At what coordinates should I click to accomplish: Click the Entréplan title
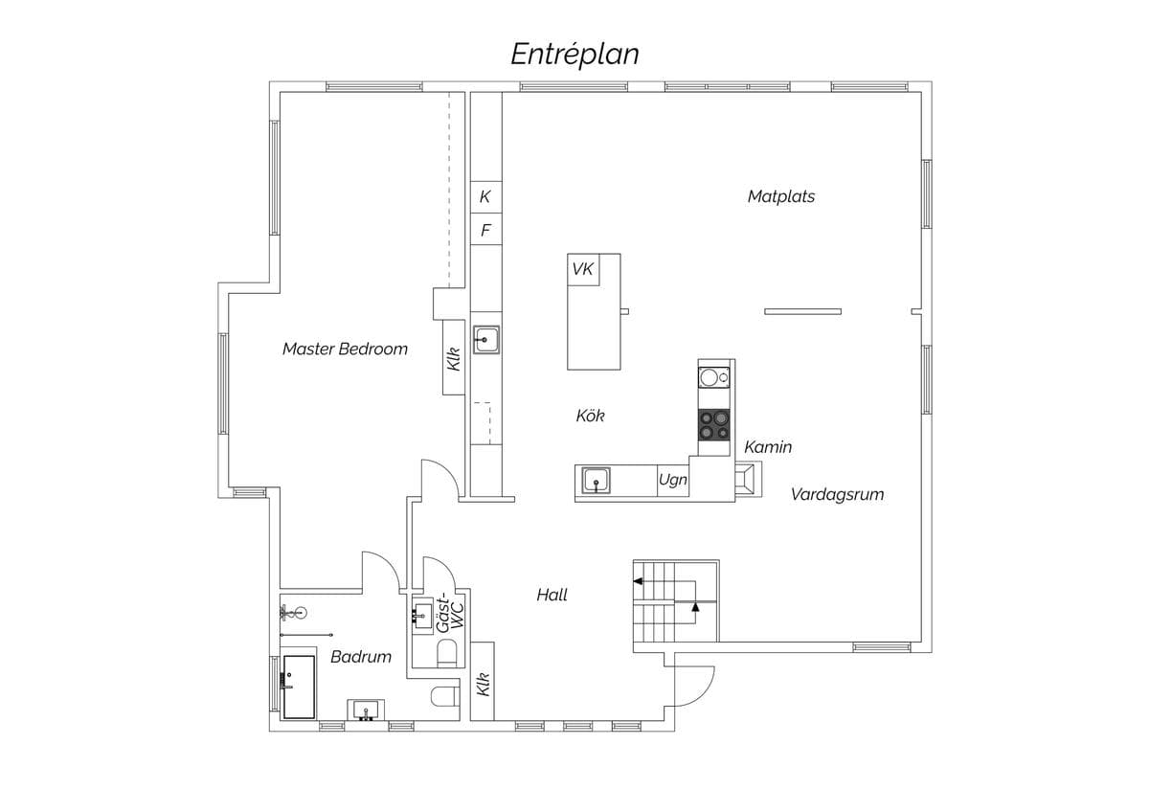click(574, 55)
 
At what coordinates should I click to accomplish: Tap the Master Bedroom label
click(345, 349)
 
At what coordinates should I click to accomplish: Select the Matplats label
click(780, 196)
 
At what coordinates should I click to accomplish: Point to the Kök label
click(590, 416)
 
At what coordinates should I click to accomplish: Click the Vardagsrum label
click(837, 494)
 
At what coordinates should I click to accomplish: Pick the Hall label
click(552, 595)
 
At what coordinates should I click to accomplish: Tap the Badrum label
click(361, 657)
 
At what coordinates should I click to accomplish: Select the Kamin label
click(768, 447)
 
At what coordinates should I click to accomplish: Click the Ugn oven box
click(673, 481)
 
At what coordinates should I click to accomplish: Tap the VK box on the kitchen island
click(583, 269)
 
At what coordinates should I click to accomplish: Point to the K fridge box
click(485, 197)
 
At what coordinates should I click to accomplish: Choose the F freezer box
click(485, 229)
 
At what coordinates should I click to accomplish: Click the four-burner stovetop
click(714, 425)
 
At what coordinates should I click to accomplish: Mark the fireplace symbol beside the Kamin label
click(749, 479)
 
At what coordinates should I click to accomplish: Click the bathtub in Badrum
click(299, 687)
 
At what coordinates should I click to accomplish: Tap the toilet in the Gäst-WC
click(447, 653)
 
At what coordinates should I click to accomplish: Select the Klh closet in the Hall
click(483, 681)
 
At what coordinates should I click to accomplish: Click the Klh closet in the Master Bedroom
click(454, 357)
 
